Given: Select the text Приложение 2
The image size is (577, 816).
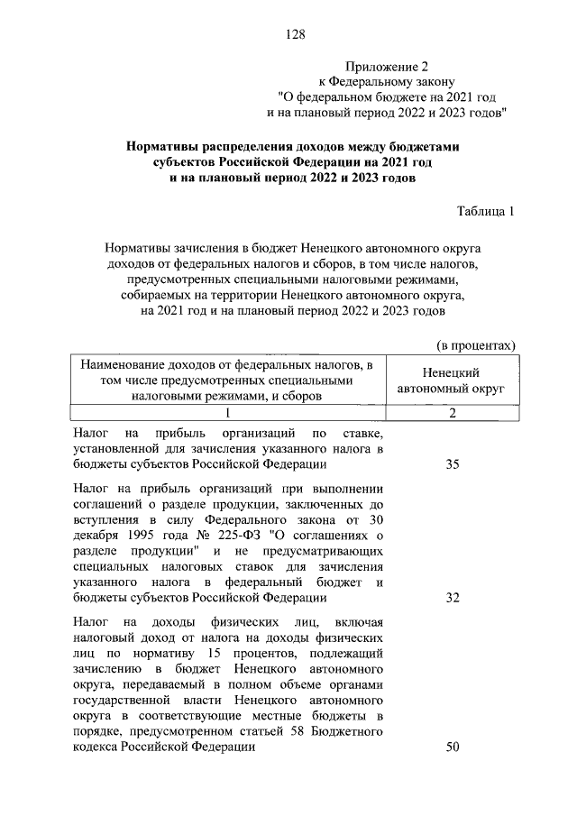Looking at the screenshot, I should (384, 67).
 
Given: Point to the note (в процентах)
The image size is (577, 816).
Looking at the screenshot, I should (476, 345).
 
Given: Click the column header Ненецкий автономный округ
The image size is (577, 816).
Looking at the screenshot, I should (452, 380).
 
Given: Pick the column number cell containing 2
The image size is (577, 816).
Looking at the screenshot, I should (452, 413).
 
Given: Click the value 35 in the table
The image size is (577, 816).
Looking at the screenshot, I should (453, 464).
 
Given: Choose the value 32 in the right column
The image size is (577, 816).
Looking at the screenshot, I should (453, 598).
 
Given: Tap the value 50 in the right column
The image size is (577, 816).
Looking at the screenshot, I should (453, 747).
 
